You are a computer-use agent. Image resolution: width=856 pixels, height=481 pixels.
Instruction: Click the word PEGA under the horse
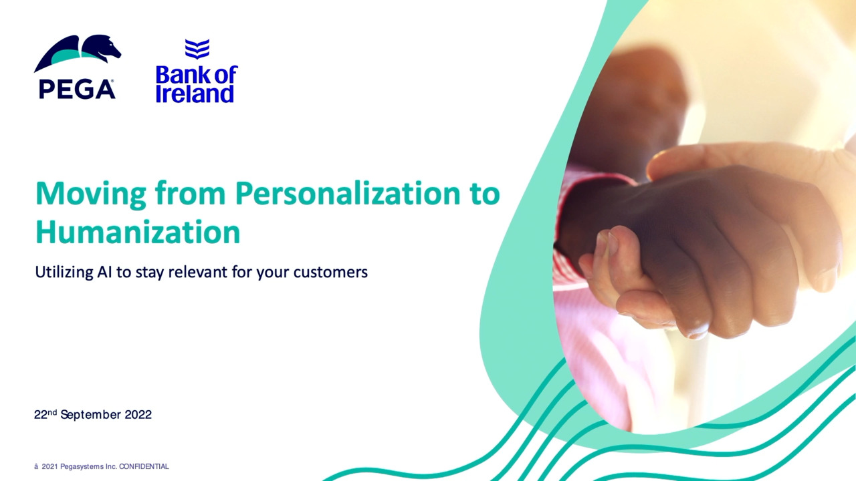(x=77, y=90)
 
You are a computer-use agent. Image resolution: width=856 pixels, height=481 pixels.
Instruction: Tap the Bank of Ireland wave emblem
(x=197, y=49)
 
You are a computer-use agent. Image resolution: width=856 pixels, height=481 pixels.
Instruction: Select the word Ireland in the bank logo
(x=195, y=94)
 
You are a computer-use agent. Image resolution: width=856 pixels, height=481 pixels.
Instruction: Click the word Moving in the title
(x=90, y=194)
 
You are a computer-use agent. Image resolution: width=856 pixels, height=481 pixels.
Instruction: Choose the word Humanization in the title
(x=138, y=232)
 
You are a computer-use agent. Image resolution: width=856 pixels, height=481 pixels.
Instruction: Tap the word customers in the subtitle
(x=330, y=273)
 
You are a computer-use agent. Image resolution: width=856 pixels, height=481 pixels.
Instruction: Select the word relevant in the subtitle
(x=198, y=272)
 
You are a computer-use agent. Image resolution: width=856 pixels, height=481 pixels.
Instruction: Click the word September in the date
(x=90, y=415)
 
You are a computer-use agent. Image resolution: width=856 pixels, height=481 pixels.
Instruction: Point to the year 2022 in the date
(x=138, y=415)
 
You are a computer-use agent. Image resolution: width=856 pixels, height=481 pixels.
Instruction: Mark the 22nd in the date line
(x=45, y=414)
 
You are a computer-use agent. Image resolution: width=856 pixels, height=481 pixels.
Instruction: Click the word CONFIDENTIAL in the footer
(x=144, y=466)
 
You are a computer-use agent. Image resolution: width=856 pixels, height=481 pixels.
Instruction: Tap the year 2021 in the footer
(x=49, y=466)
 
